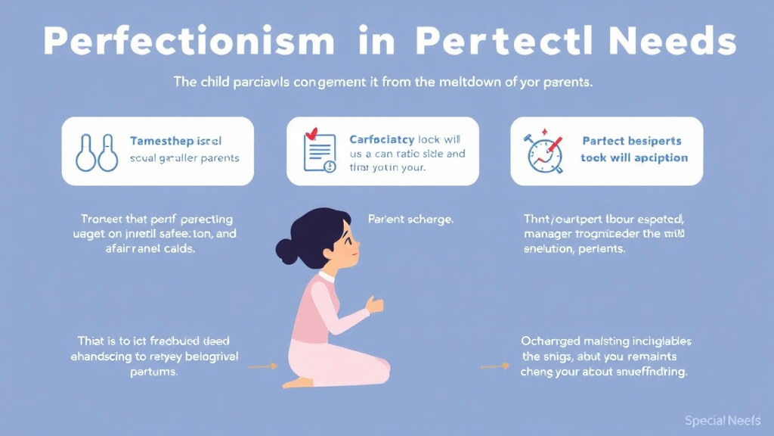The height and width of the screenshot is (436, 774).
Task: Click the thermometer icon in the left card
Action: click(96, 151)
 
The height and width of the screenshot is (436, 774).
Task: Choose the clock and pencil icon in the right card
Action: click(544, 154)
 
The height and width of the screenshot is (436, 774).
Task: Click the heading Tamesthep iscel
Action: click(175, 142)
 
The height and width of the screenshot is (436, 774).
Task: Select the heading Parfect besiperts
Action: click(631, 142)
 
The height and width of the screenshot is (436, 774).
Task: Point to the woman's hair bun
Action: click(286, 250)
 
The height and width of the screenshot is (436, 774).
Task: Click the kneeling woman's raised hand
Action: click(374, 304)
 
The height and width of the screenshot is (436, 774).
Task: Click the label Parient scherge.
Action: click(410, 220)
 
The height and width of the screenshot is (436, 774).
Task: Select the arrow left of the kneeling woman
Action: click(262, 366)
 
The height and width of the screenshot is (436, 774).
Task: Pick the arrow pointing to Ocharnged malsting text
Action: click(494, 366)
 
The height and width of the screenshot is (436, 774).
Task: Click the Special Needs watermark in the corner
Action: click(722, 420)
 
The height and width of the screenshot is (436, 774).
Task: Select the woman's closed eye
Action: click(345, 236)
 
